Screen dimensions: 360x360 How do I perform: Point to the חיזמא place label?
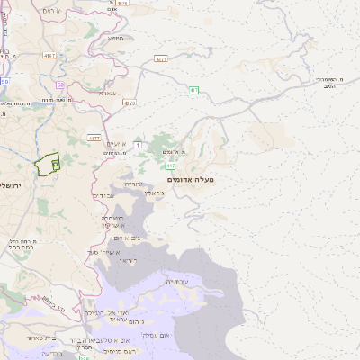(114, 39)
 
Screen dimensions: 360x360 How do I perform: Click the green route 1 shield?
(193, 89)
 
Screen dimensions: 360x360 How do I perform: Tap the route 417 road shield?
(170, 166)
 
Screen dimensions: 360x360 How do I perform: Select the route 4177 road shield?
(94, 138)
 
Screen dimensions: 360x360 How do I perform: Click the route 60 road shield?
(62, 85)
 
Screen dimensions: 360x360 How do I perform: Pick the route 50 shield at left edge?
(4, 82)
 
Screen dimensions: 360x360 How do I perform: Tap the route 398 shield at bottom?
(84, 357)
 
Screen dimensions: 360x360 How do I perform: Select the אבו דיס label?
(104, 195)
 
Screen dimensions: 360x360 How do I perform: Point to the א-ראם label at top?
(51, 10)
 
